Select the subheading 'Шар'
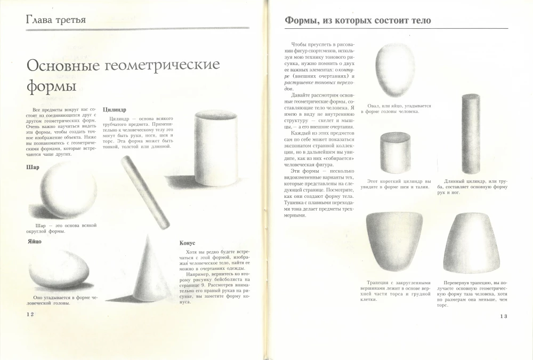[33, 167]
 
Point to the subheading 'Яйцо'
[34, 241]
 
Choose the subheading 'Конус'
[188, 243]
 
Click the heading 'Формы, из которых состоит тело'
[358, 21]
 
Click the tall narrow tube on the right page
[471, 134]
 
